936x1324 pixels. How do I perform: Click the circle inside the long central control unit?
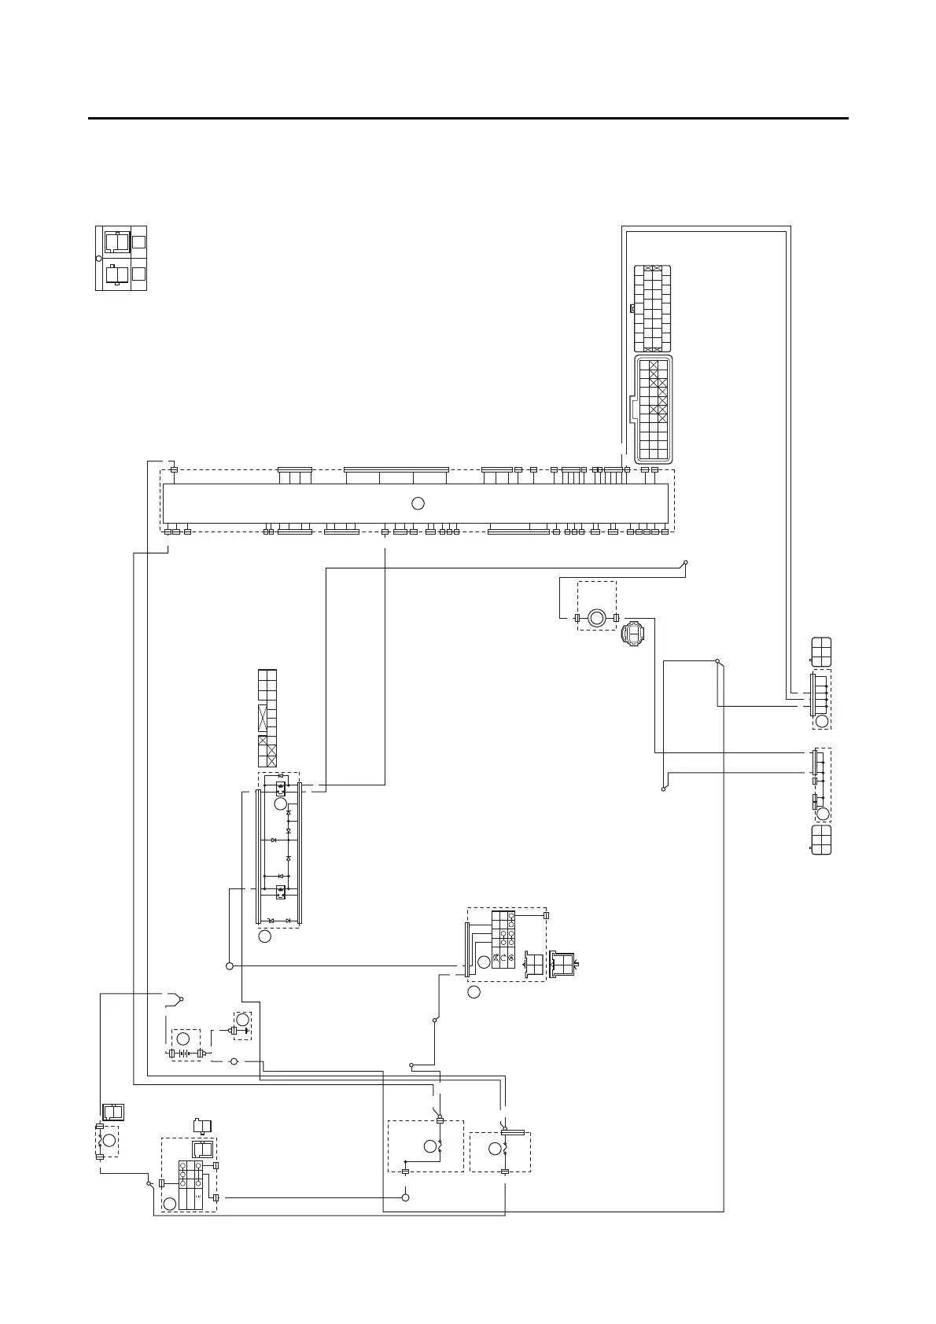(418, 503)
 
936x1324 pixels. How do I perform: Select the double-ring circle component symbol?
(596, 618)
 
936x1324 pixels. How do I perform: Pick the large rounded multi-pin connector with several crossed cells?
(654, 410)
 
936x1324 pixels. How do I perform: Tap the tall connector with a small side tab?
(652, 308)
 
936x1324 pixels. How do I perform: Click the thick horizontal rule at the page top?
(468, 119)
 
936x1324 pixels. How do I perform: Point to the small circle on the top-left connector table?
(98, 258)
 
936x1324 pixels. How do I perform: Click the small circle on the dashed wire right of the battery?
(233, 1061)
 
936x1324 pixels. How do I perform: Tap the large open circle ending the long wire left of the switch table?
(230, 965)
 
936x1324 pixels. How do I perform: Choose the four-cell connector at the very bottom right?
(821, 840)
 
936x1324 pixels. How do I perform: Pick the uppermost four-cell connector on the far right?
(821, 652)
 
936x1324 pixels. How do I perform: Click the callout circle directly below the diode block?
(265, 936)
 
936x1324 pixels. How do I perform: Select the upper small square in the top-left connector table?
(138, 242)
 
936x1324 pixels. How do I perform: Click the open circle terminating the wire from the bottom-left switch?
(406, 1197)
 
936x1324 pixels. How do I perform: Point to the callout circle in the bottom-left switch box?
(169, 1203)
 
